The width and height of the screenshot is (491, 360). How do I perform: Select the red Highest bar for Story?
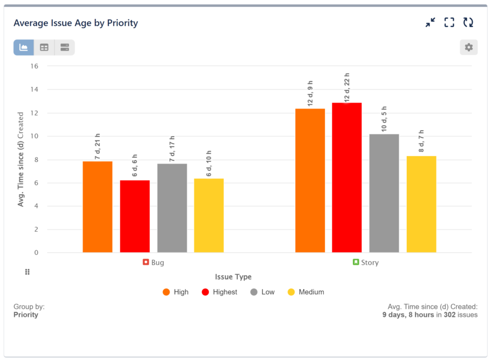point(347,178)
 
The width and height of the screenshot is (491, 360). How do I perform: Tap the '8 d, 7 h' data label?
point(421,142)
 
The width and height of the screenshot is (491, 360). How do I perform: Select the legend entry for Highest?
point(220,292)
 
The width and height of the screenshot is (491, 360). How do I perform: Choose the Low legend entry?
point(263,292)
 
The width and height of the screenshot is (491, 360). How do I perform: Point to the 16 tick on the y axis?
point(35,66)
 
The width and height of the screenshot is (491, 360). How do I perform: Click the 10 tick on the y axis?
point(35,136)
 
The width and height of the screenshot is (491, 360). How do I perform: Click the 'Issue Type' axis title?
point(233,277)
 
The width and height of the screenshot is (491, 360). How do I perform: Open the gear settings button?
point(468,47)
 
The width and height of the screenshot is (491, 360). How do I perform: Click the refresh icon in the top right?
point(468,22)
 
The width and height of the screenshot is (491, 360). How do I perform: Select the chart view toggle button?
point(24,47)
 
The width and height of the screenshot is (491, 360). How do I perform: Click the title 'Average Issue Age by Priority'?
point(76,23)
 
